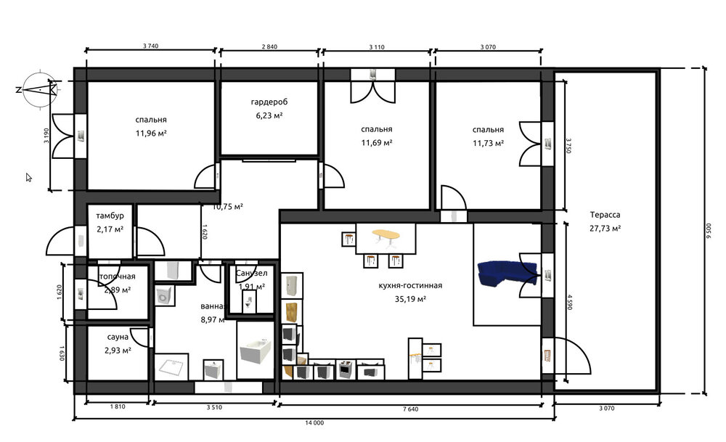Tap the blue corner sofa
click(x=507, y=274)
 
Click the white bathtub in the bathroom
click(x=254, y=355)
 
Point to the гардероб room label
click(x=269, y=102)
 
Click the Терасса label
click(x=605, y=215)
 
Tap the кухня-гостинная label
click(x=410, y=285)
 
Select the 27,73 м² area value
click(x=605, y=228)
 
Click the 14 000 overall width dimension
click(x=314, y=422)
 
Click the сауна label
click(x=117, y=337)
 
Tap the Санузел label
click(x=252, y=274)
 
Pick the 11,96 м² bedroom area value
click(x=150, y=133)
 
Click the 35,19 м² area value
click(x=410, y=298)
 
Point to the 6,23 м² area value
click(x=269, y=115)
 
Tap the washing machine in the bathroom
click(x=165, y=296)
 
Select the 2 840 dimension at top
click(x=269, y=46)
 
